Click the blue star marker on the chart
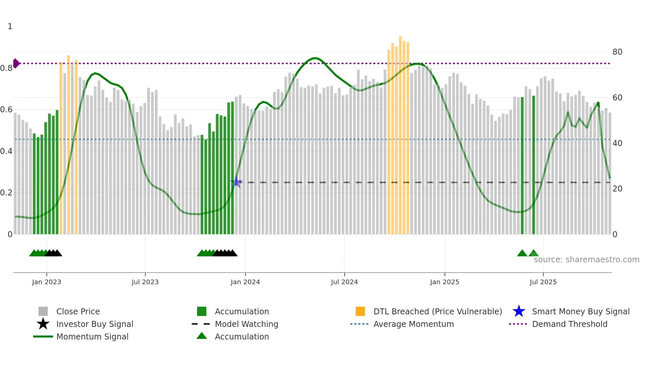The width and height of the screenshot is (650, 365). tap(236, 182)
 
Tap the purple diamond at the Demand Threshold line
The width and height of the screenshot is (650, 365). tap(16, 63)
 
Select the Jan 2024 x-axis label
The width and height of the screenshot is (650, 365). tap(245, 282)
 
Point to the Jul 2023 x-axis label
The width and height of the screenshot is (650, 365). tap(145, 282)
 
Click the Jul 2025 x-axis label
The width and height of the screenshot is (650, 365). tap(543, 282)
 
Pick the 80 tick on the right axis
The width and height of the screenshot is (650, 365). tap(617, 52)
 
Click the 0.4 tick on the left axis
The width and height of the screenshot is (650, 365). tap(6, 151)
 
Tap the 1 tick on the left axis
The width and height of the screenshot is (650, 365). tap(10, 26)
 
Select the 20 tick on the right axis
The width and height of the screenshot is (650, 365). tap(617, 189)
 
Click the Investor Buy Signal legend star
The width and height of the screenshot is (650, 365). tap(43, 324)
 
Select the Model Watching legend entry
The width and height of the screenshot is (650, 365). tap(246, 324)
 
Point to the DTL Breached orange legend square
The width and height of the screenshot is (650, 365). tap(360, 311)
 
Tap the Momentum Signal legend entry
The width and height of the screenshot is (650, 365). tap(92, 337)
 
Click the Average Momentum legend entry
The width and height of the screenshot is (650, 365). tap(413, 324)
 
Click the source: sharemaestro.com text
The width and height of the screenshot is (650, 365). tap(586, 259)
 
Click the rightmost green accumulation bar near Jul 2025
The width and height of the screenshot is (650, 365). tap(534, 166)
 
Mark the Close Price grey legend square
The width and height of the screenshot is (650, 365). tap(43, 311)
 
